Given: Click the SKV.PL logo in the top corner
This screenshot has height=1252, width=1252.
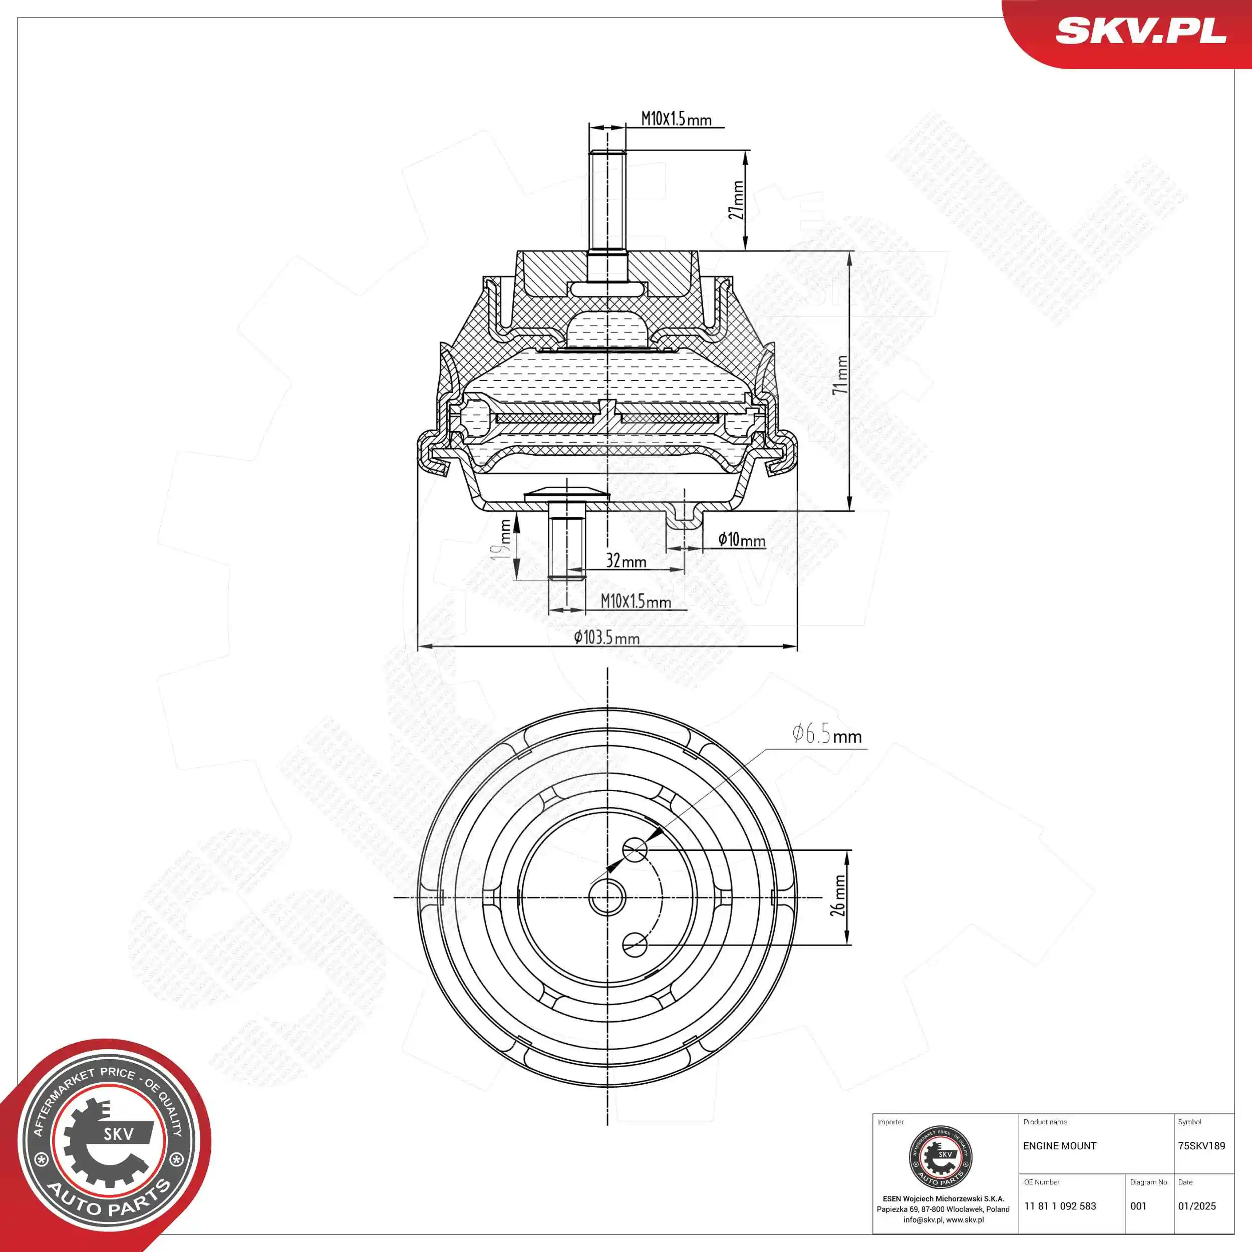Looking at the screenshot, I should [1140, 31].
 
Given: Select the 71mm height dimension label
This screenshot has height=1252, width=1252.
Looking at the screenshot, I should [840, 375].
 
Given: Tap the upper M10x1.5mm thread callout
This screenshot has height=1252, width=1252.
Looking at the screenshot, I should [676, 119].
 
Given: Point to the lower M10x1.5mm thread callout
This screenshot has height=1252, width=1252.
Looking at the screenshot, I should [635, 601].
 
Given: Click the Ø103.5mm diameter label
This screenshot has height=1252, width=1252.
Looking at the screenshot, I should [606, 637].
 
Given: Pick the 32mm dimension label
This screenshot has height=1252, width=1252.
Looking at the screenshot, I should [626, 560].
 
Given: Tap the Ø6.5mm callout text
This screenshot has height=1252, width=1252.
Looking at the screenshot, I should [826, 734].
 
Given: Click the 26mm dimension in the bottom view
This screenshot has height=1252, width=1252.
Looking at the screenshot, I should [838, 895].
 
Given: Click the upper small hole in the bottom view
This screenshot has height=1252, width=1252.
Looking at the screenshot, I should [635, 849].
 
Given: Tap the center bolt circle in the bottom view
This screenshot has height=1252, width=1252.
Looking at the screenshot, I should [607, 897].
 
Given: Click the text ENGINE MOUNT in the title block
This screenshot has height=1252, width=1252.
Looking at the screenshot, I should [1060, 1146].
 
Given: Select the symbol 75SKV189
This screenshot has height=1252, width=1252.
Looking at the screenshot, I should [1201, 1146].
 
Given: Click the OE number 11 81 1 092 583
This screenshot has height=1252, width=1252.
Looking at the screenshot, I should [1060, 1206].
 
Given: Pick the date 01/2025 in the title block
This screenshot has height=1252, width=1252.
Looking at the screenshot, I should [1196, 1206].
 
